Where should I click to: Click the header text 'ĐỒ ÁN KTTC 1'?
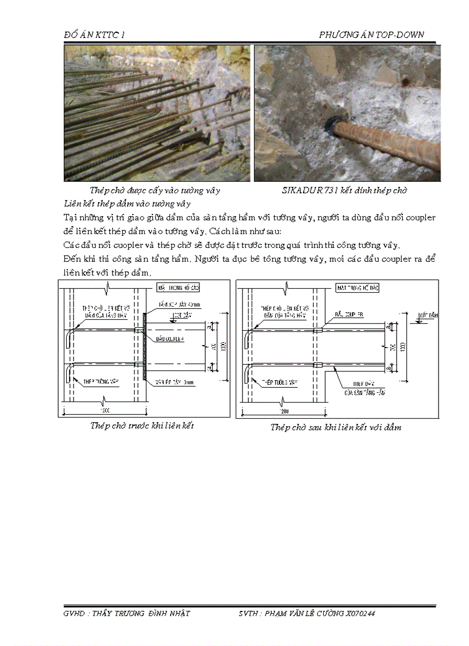pos(94,35)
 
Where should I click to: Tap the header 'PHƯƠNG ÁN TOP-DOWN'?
pos(371,35)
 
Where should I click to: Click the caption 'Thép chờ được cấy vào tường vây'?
pos(155,190)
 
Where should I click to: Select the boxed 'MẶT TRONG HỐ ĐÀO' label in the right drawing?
pos(360,286)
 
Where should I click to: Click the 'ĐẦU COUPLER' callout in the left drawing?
pos(170,339)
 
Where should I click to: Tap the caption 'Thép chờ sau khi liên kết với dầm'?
pos(336,427)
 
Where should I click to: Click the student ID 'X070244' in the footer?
pos(360,614)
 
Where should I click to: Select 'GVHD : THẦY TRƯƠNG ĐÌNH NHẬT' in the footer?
pos(126,614)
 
